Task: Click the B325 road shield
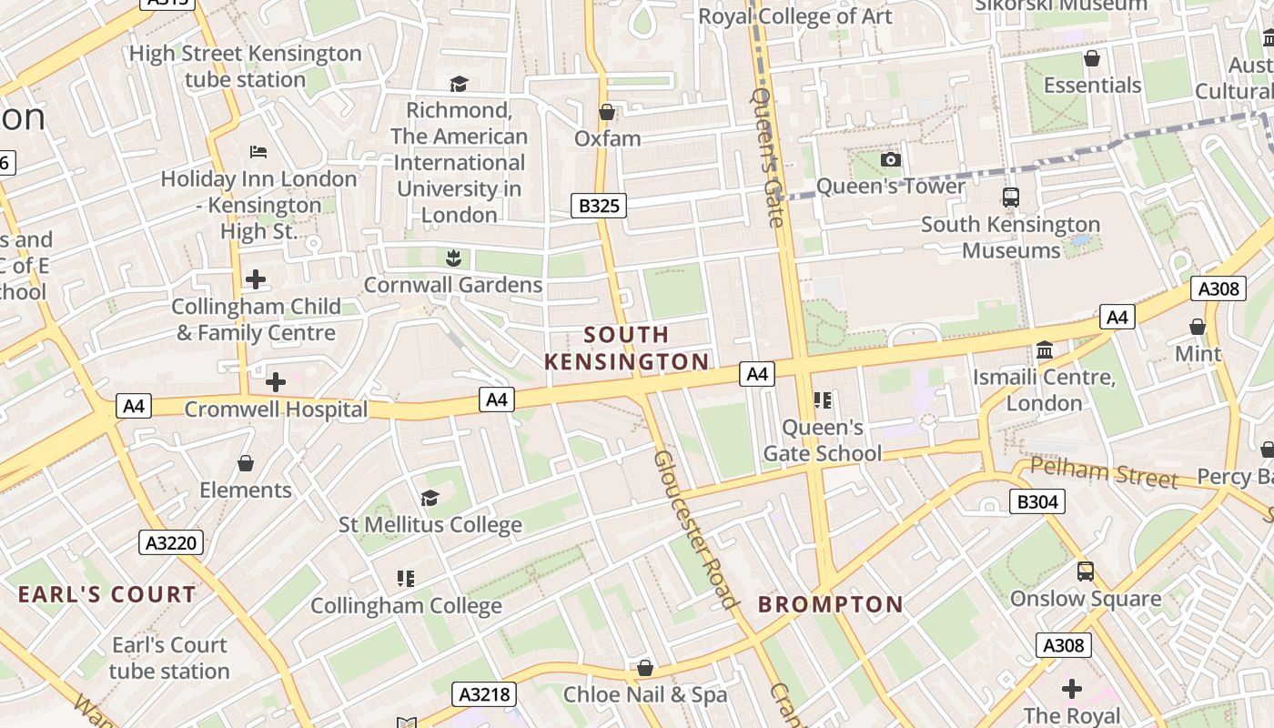[599, 206]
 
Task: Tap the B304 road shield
[1036, 500]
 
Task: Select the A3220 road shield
[171, 543]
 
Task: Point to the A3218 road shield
[484, 694]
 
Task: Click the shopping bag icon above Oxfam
[607, 112]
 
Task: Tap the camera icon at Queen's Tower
[891, 160]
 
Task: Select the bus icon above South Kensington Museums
[1010, 197]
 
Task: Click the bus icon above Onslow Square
[1086, 571]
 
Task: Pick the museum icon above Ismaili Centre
[1045, 350]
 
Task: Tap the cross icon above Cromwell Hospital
[276, 382]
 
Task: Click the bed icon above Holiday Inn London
[258, 151]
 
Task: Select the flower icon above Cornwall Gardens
[453, 258]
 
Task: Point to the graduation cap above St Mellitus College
[430, 498]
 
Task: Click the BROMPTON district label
[831, 604]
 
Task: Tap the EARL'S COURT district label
[107, 595]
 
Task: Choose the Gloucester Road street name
[694, 529]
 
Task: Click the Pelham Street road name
[1104, 473]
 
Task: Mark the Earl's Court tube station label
[169, 658]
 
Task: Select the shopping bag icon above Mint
[1198, 327]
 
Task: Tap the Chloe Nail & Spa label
[645, 694]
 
